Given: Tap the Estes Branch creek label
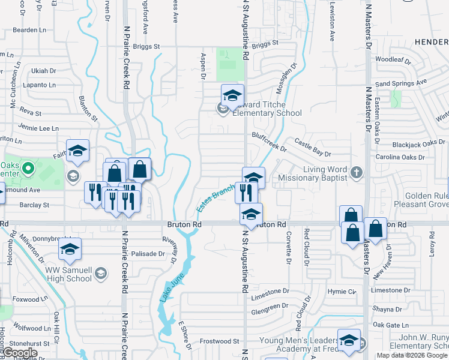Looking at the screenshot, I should coord(214,199).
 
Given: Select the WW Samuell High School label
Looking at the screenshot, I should coord(60,274).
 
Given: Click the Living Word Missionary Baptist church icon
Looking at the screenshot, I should coord(356,173).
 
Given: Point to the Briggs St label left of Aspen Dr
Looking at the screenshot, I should coord(146,46).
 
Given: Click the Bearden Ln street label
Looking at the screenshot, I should coord(29,29).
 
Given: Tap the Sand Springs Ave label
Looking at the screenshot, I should coord(400,82).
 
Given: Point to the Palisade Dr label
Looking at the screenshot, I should coord(148,254).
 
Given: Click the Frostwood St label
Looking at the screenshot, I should coord(220,341).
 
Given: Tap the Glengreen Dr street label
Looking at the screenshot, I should coord(270,307).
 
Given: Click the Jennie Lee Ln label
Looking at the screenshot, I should coord(38,128).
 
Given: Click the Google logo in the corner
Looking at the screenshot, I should coord(19,352).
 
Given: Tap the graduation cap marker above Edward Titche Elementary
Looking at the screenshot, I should coord(232,95).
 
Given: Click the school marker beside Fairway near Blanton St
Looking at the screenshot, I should coord(77,152).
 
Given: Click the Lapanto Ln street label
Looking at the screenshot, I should coord(39,85).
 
